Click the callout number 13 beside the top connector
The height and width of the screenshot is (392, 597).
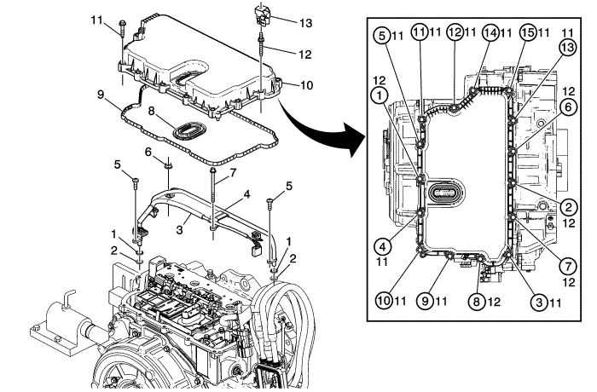point(308,20)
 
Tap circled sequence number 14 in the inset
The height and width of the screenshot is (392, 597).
point(489,32)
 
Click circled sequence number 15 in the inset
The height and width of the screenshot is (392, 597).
point(527,32)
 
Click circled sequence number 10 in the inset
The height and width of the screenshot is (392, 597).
point(385,299)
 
